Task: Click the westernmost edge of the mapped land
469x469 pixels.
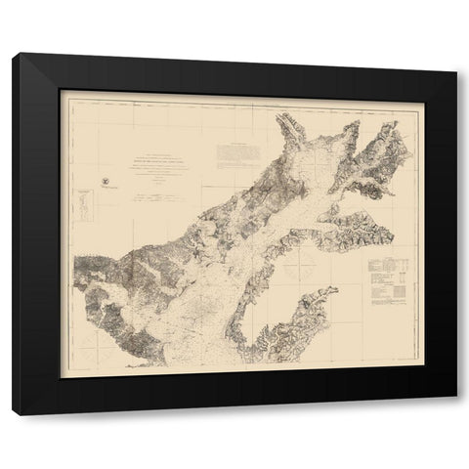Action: tap(75, 262)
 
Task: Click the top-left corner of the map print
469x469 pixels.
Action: tap(61, 91)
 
